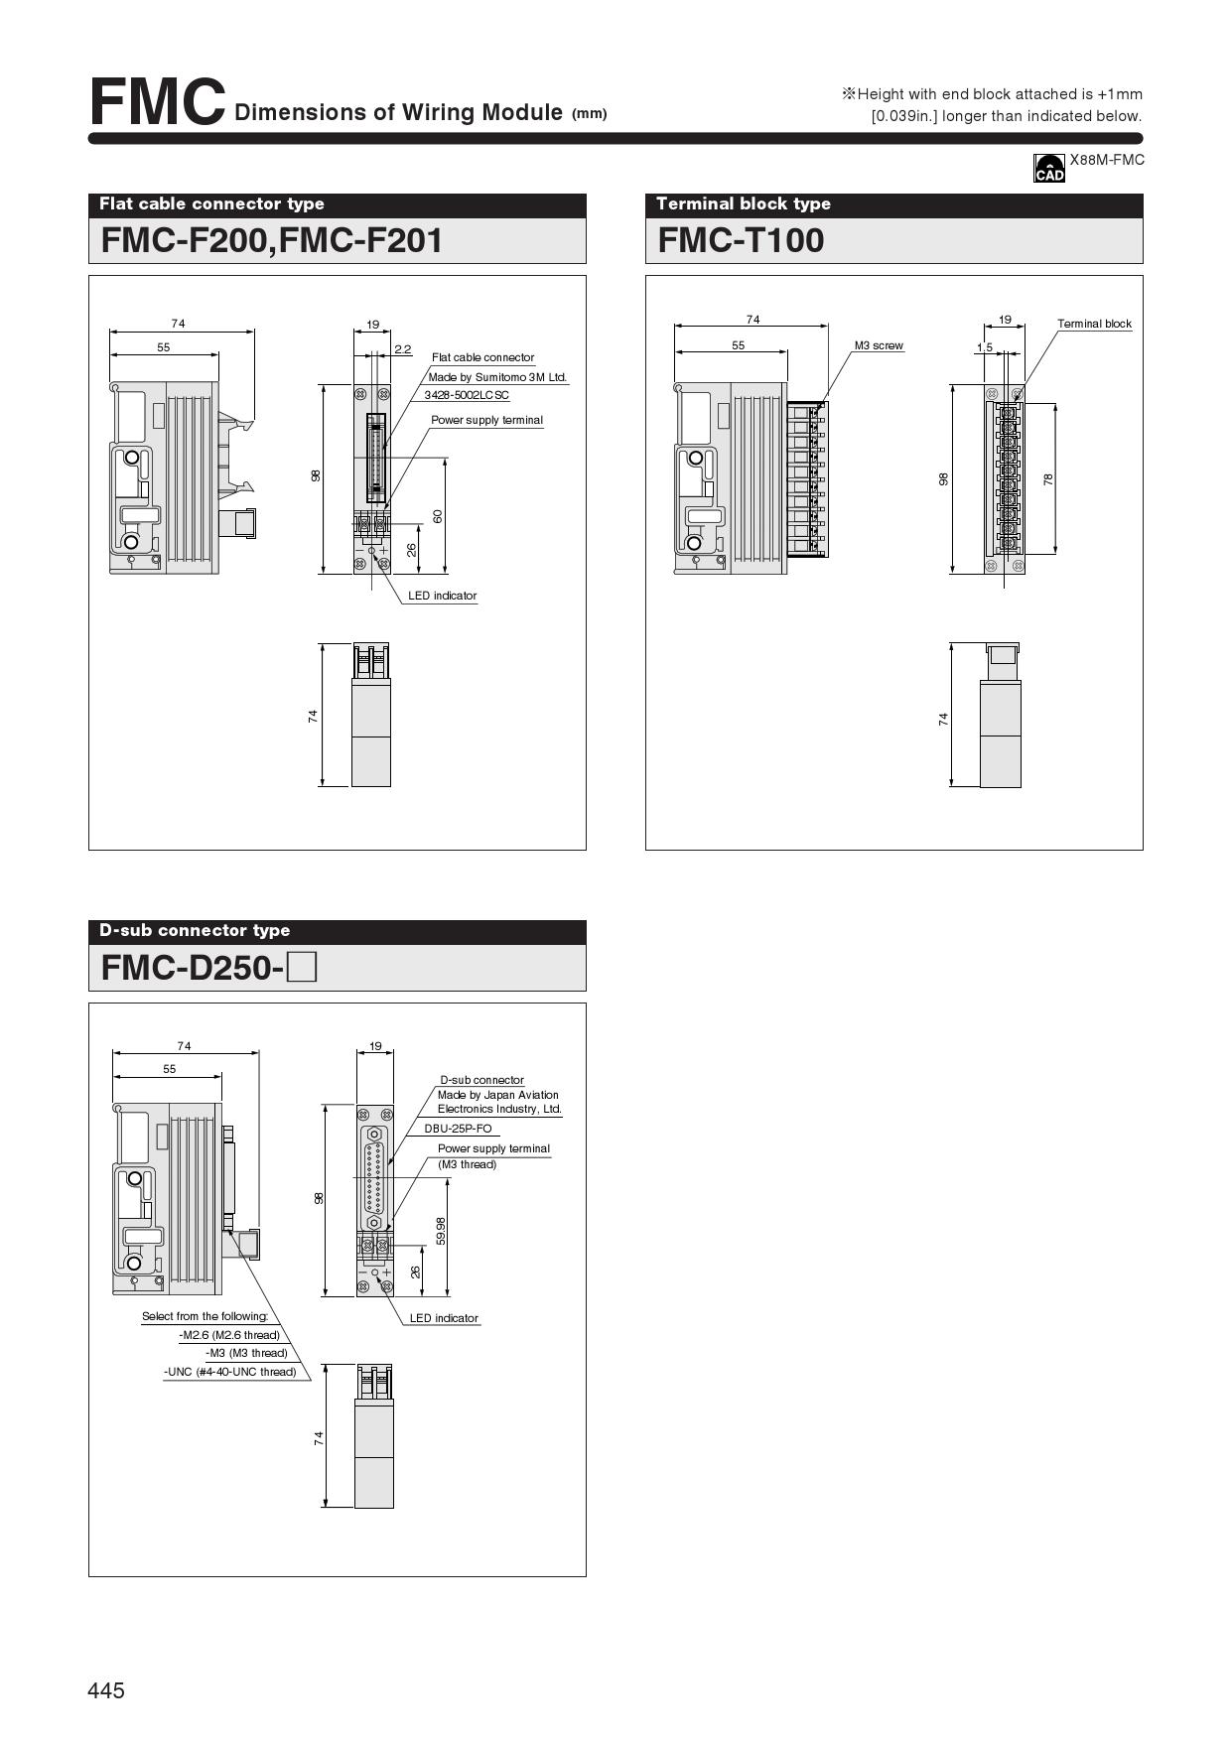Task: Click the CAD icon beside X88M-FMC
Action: pos(1048,168)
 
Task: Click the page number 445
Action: pos(106,1691)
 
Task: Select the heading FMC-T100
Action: pos(741,240)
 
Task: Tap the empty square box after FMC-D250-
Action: pos(302,967)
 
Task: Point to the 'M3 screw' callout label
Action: pos(879,345)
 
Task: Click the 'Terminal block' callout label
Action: pos(1094,324)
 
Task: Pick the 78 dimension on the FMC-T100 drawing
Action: pos(1048,478)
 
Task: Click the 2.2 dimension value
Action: pos(402,349)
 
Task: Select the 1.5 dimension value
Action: pos(984,347)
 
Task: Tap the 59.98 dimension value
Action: pos(441,1231)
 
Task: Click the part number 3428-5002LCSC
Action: pos(467,395)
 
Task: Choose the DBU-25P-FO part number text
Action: pos(458,1129)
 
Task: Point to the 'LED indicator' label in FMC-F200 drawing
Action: pos(443,596)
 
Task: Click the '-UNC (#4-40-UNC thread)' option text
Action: pos(230,1372)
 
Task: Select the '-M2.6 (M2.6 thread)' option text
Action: pos(229,1335)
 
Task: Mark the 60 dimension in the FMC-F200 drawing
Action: pos(438,516)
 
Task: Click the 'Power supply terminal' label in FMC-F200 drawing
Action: pos(486,420)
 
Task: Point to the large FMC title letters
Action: pos(157,102)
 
